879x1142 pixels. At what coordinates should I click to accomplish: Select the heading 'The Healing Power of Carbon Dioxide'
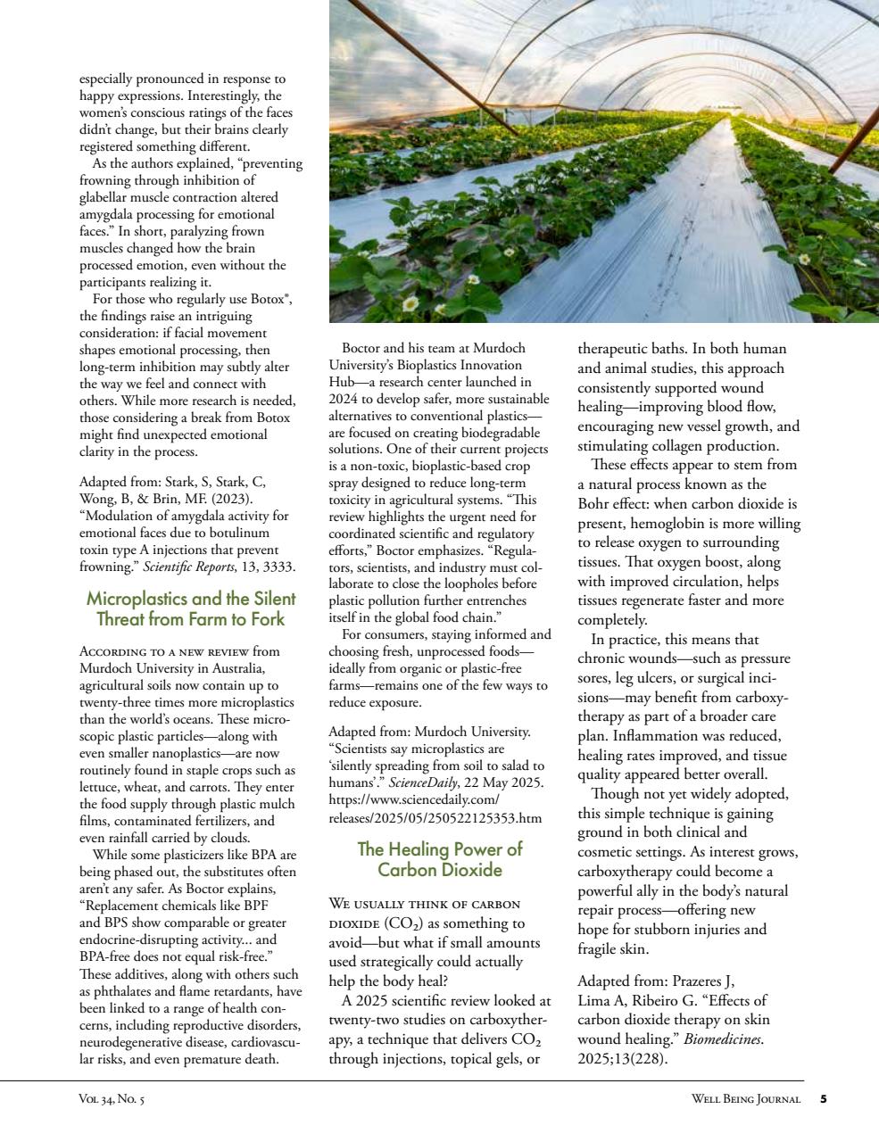click(439, 859)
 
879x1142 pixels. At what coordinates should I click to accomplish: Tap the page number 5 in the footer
click(824, 1099)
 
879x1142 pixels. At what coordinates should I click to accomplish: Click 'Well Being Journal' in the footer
click(745, 1099)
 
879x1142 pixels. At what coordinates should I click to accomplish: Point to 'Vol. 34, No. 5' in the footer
click(112, 1099)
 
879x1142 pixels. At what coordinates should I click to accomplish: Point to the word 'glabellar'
click(108, 196)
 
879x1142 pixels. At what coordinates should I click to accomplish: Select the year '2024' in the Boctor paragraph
click(344, 398)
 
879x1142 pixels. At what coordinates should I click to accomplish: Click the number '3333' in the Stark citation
click(279, 567)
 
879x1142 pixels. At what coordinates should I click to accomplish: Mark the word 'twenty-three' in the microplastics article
click(120, 702)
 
